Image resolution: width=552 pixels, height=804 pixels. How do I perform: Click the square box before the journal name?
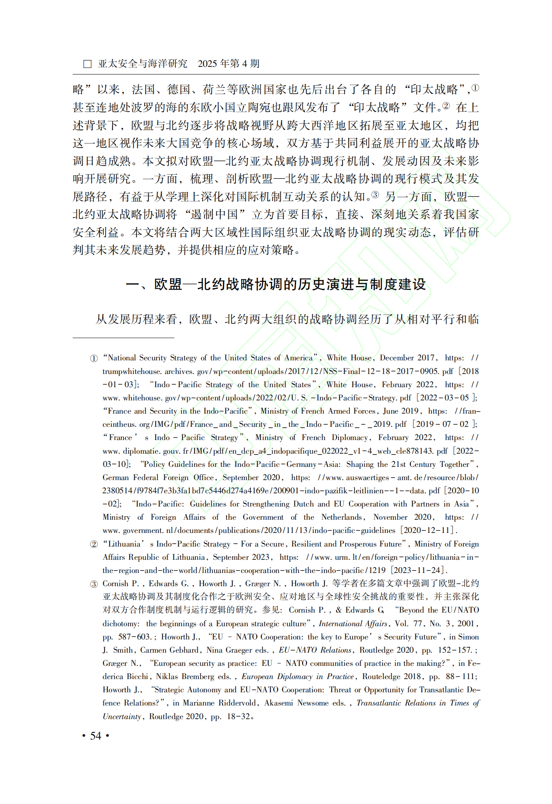87,64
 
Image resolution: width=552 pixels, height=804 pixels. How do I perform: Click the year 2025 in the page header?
208,64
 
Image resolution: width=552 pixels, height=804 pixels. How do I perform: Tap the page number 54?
96,736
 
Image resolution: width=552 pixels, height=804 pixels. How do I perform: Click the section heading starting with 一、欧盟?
276,284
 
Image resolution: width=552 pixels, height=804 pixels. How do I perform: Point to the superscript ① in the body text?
475,88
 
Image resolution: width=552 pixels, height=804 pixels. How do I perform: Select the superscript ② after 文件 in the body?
446,106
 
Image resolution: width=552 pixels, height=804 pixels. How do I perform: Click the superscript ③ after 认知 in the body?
375,195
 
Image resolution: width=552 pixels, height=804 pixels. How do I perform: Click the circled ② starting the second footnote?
94,544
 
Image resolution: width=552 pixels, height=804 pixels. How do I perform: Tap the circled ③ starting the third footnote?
94,584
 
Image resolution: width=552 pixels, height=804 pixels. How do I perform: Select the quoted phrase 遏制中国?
214,215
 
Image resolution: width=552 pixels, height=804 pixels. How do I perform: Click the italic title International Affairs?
353,623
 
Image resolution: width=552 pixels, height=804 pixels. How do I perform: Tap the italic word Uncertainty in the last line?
122,716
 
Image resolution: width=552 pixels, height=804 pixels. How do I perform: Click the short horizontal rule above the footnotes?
123,338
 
